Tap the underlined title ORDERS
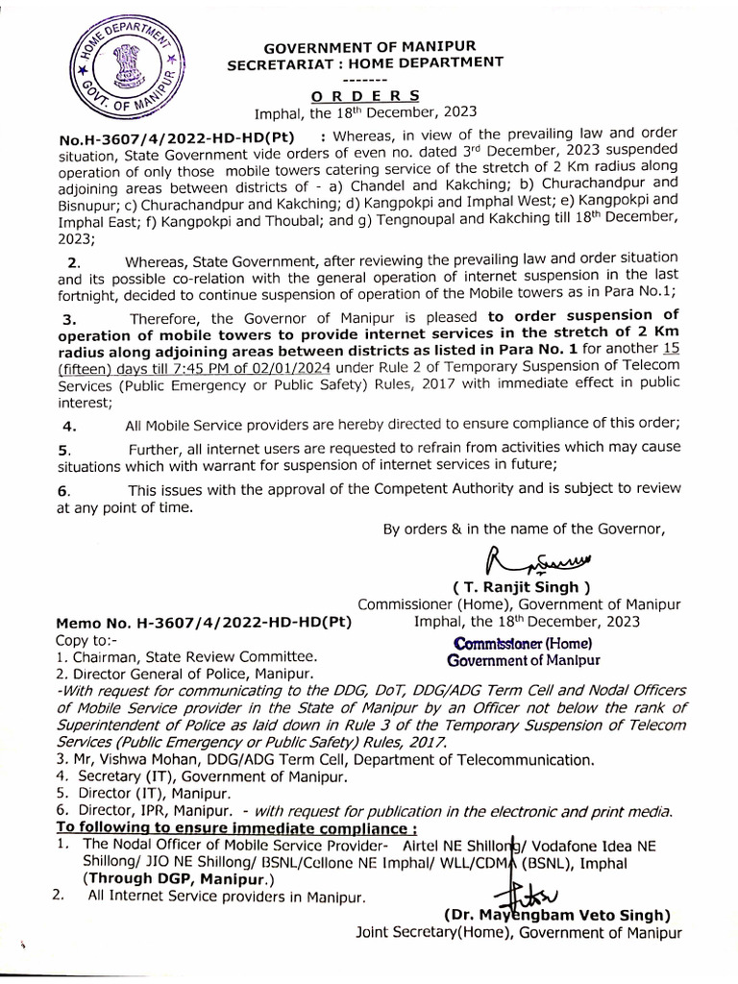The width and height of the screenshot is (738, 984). tap(366, 95)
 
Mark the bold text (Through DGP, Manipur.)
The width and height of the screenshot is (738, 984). tap(179, 879)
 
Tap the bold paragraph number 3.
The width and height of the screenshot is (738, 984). tap(66, 318)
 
